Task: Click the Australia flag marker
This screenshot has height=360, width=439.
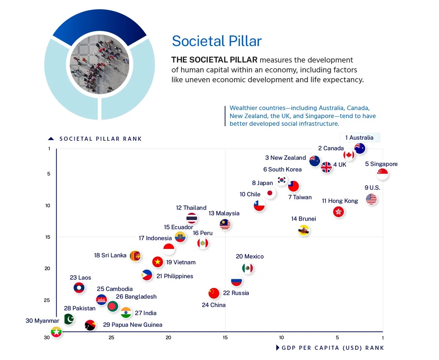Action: pyautogui.click(x=360, y=148)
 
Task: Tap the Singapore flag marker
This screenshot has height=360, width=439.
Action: pyautogui.click(x=383, y=174)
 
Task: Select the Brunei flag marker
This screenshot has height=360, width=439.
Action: pyautogui.click(x=304, y=230)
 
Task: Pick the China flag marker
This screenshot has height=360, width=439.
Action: pyautogui.click(x=214, y=293)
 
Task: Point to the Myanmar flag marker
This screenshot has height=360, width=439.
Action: pyautogui.click(x=56, y=332)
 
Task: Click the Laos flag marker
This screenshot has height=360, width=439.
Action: pyautogui.click(x=79, y=288)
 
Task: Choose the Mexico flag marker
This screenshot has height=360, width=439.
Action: pyautogui.click(x=248, y=269)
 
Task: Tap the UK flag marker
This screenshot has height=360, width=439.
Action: pyautogui.click(x=326, y=167)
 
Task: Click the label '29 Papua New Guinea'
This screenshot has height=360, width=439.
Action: pyautogui.click(x=132, y=325)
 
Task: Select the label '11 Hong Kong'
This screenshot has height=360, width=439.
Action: pyautogui.click(x=340, y=201)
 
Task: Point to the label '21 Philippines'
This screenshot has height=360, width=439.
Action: pyautogui.click(x=175, y=276)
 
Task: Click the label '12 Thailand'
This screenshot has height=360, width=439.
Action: pyautogui.click(x=191, y=208)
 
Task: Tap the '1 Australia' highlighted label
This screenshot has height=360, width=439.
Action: pyautogui.click(x=359, y=138)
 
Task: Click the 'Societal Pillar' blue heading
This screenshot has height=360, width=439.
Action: pyautogui.click(x=217, y=41)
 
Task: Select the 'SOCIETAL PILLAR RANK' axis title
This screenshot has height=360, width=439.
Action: pyautogui.click(x=101, y=139)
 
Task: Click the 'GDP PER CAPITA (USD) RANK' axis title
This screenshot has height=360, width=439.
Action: pyautogui.click(x=333, y=348)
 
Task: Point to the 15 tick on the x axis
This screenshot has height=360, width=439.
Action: pyautogui.click(x=225, y=337)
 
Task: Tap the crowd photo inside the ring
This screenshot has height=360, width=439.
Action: pyautogui.click(x=99, y=65)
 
